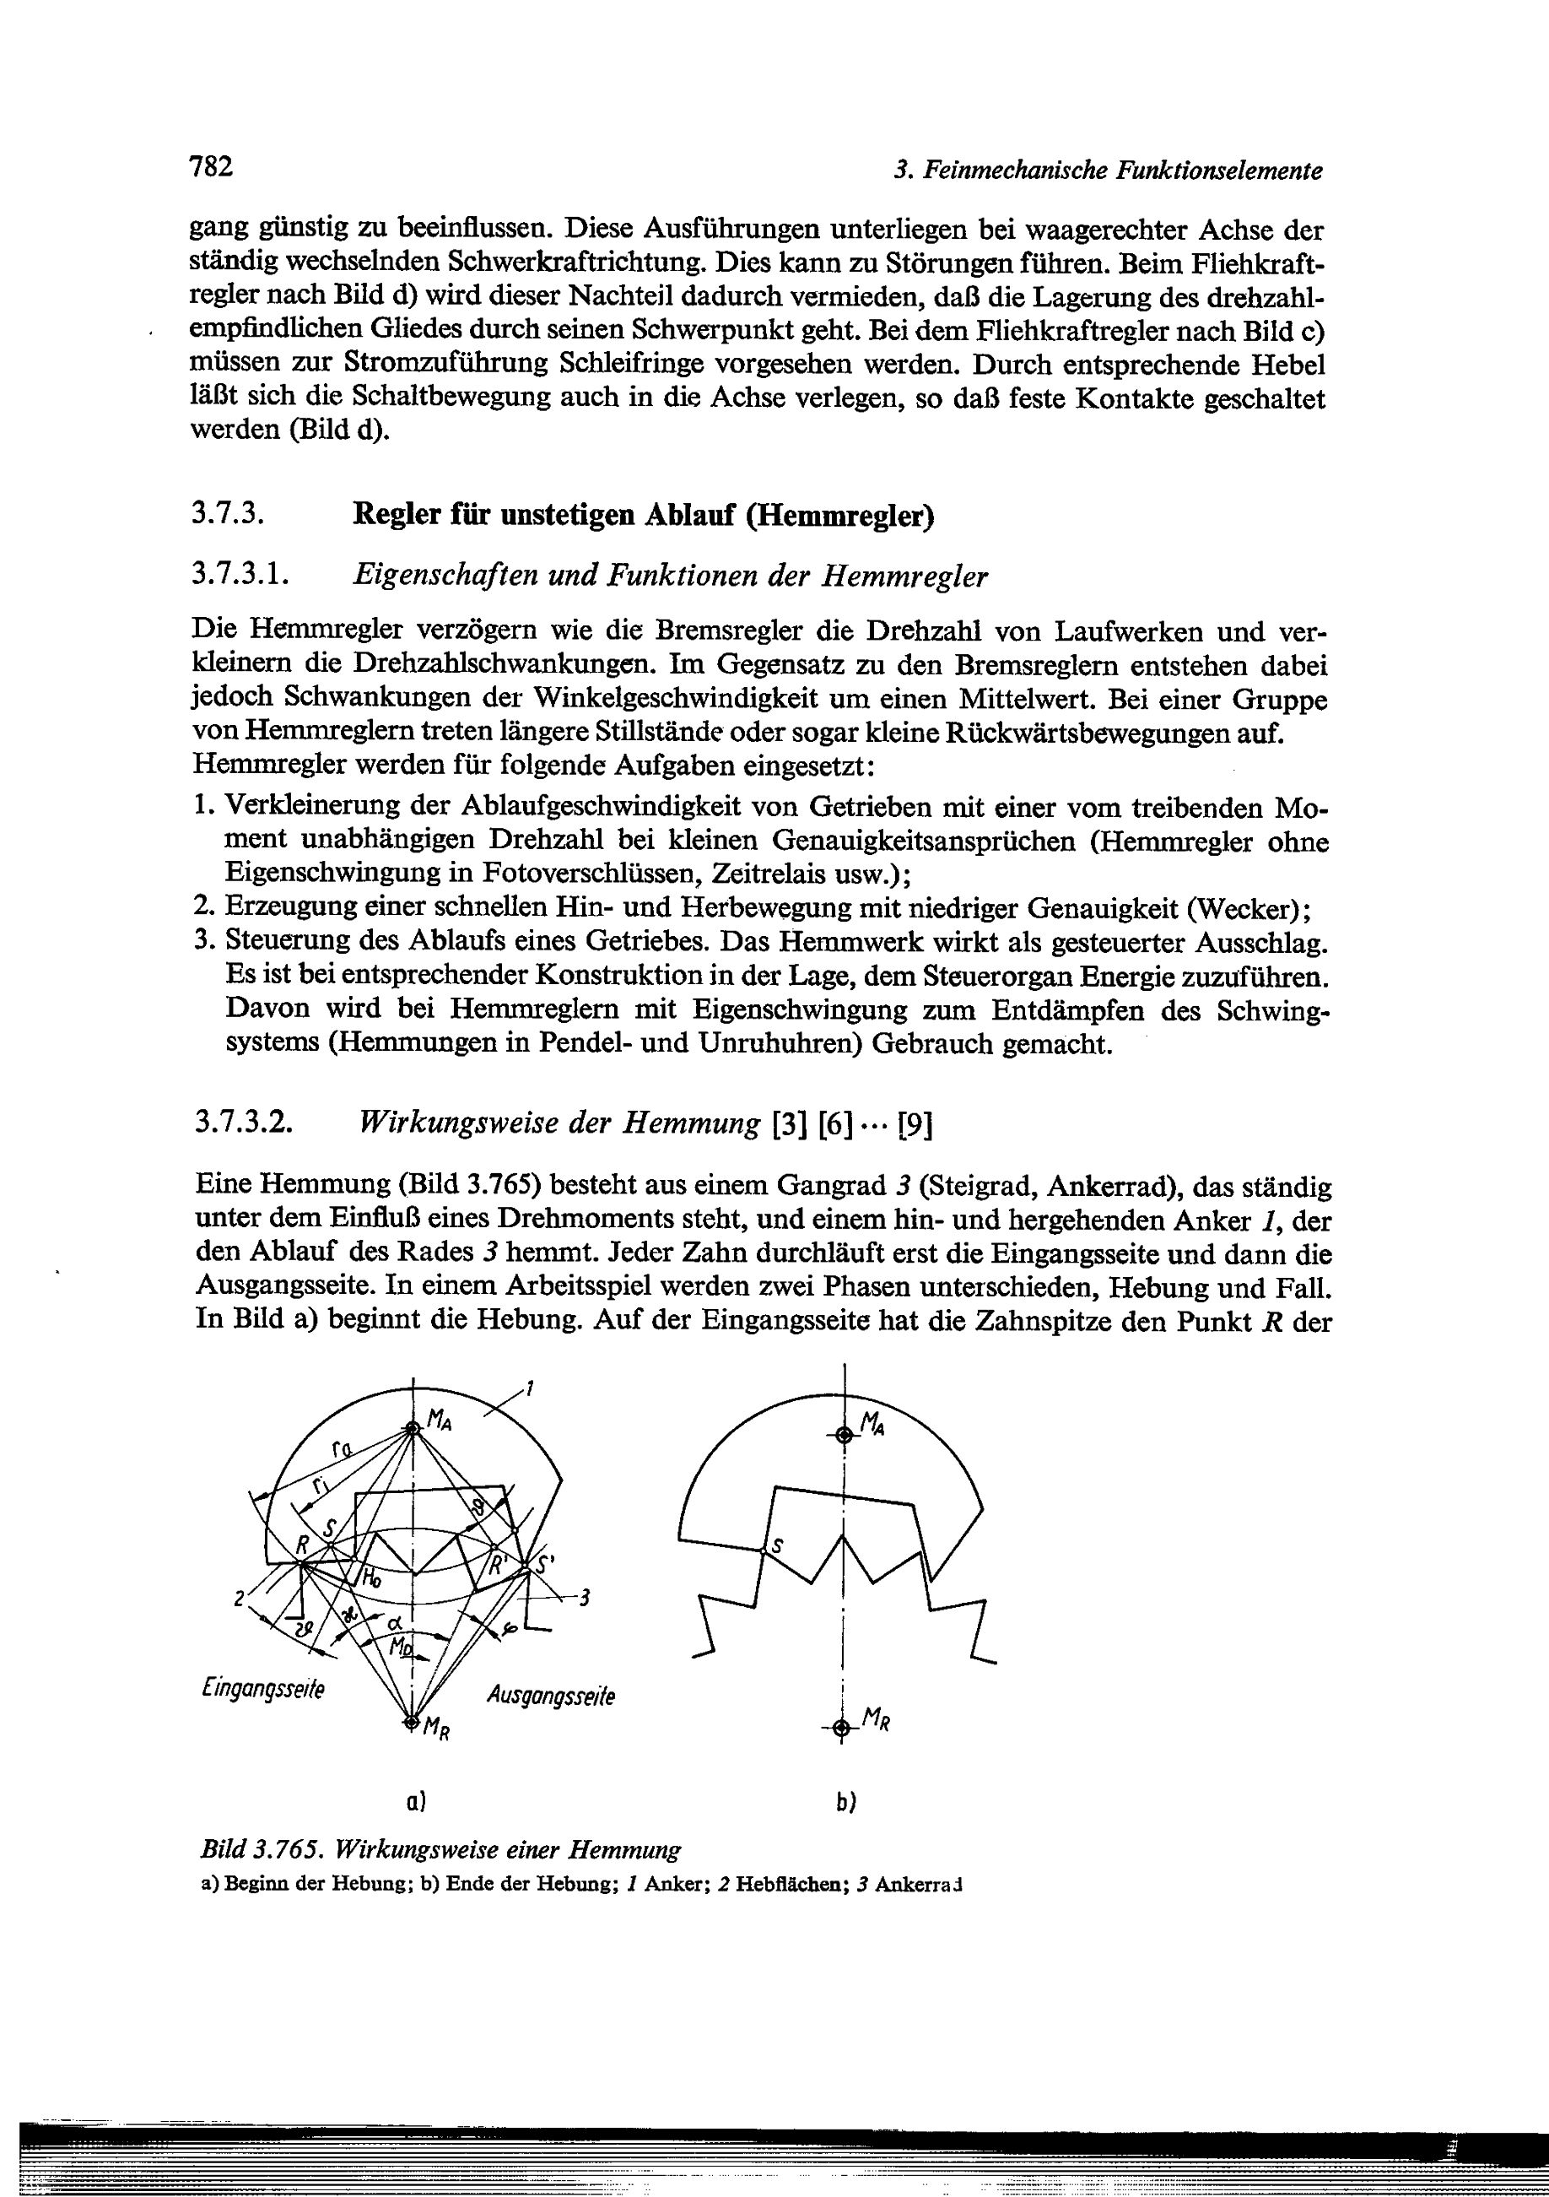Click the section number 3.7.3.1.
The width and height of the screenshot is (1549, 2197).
point(240,575)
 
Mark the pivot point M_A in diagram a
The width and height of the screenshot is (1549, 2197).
point(413,1430)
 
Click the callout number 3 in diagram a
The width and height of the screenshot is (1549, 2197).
point(585,1597)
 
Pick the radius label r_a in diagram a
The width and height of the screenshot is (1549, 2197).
point(342,1452)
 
